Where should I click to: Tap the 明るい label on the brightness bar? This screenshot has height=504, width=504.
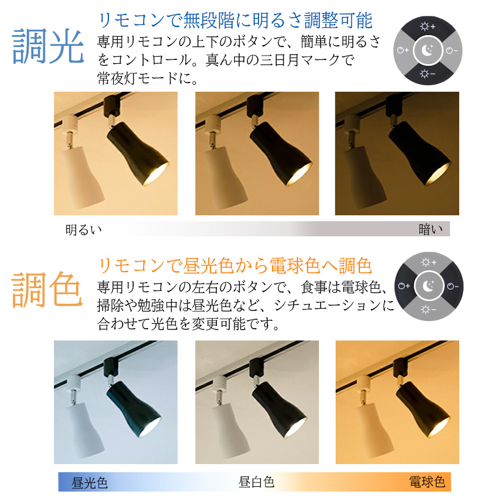tap(84, 229)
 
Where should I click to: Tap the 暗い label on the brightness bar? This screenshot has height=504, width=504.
tap(430, 229)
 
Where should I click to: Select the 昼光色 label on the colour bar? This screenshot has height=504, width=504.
tap(90, 482)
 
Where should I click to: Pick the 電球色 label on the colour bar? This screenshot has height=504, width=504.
tap(427, 481)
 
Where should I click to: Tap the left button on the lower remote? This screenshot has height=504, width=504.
tap(404, 286)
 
